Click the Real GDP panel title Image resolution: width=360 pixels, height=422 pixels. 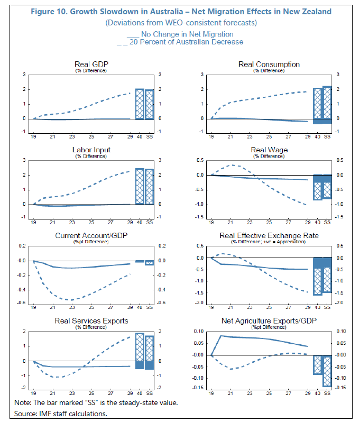(88, 65)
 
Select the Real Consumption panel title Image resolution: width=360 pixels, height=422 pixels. (269, 65)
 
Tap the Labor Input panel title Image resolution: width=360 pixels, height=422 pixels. (88, 150)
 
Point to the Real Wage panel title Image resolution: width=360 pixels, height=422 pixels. (269, 150)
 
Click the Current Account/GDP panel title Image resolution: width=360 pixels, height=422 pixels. (88, 236)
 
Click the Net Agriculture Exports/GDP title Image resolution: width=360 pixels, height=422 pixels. (269, 321)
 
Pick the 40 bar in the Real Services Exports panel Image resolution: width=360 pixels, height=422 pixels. (140, 351)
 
